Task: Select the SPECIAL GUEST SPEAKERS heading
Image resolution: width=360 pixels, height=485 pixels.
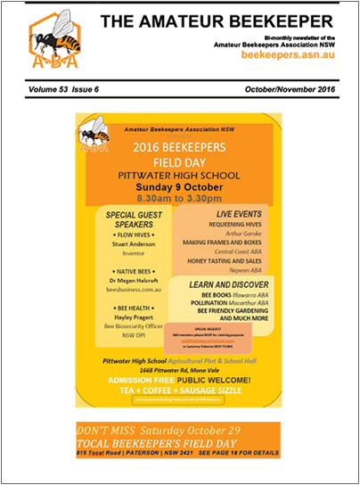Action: [x=134, y=220]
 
